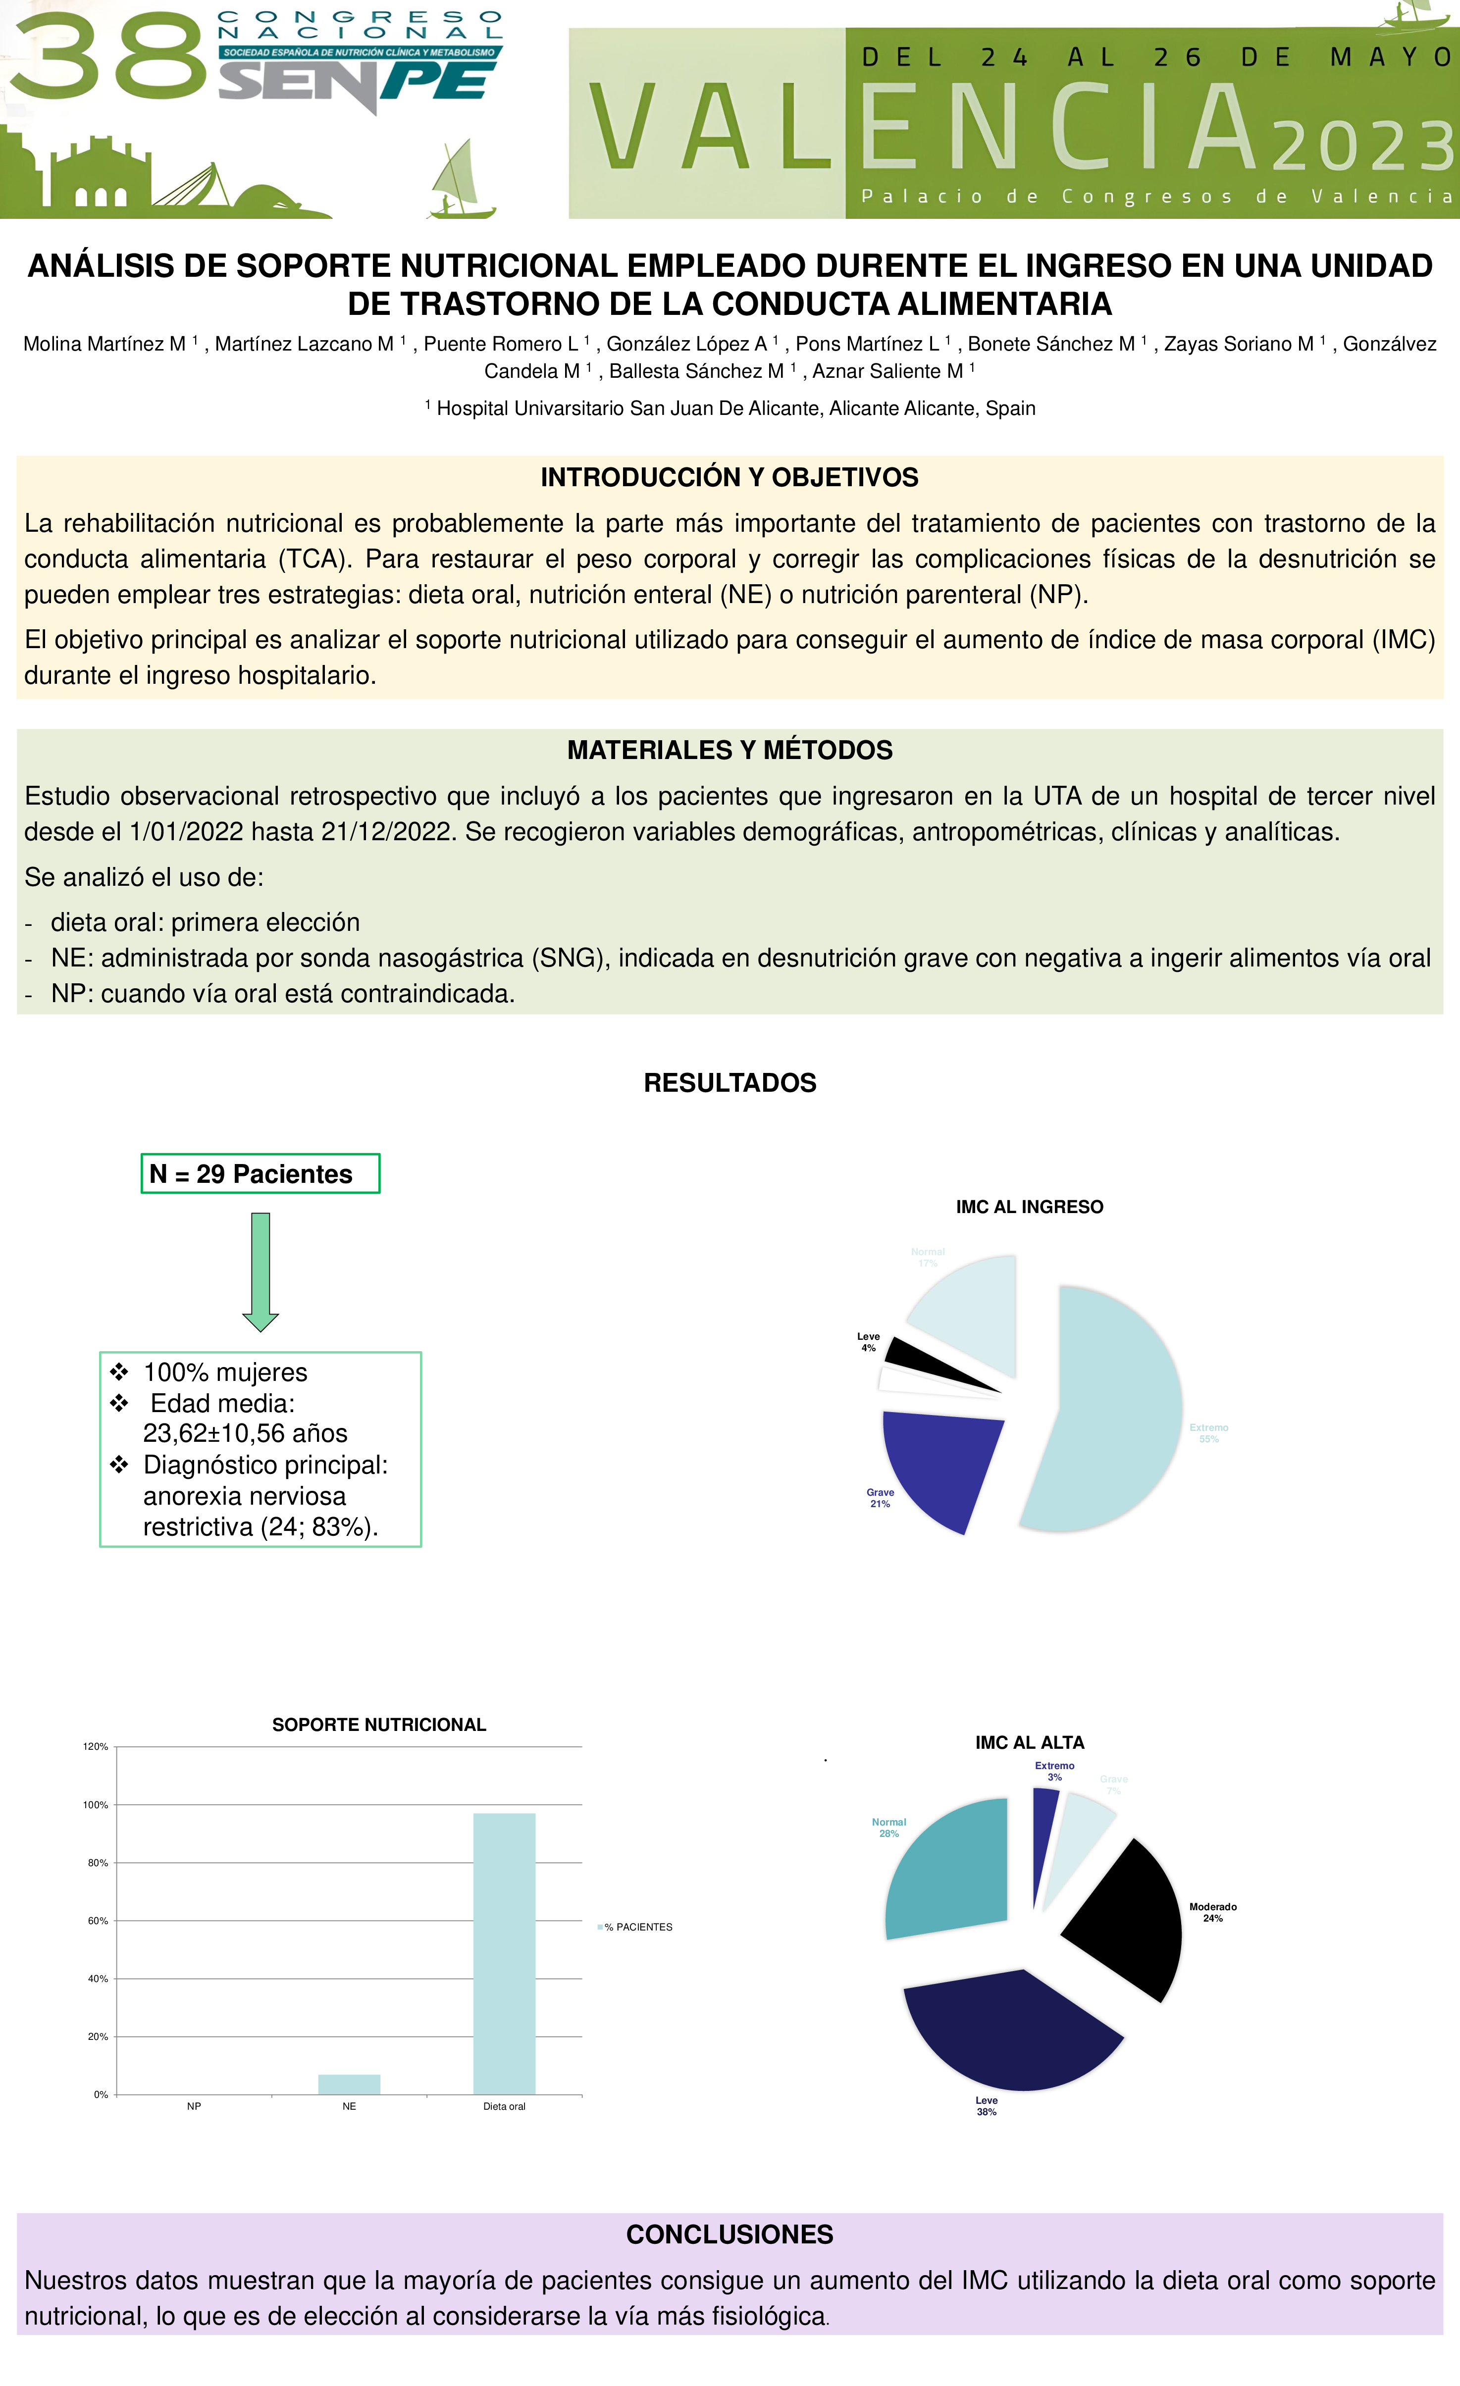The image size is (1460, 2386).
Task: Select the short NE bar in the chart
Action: pyautogui.click(x=349, y=2084)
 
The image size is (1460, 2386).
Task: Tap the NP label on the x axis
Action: pyautogui.click(x=194, y=2106)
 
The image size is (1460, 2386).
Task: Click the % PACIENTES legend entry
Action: pyautogui.click(x=637, y=1927)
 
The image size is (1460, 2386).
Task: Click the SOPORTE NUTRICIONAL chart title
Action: pyautogui.click(x=379, y=1725)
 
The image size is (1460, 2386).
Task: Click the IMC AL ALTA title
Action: pyautogui.click(x=1029, y=1742)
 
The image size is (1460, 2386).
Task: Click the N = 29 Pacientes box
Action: pyautogui.click(x=260, y=1173)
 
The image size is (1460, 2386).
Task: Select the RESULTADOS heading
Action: pyautogui.click(x=730, y=1083)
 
